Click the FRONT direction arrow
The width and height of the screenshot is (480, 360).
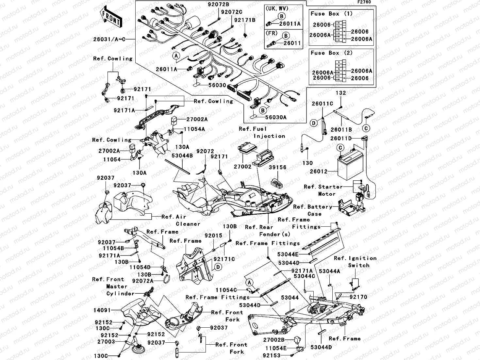pyautogui.click(x=110, y=18)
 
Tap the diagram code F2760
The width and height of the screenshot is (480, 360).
pyautogui.click(x=364, y=2)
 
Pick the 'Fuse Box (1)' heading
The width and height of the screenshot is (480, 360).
pyautogui.click(x=332, y=14)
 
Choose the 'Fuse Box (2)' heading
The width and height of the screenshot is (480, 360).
pyautogui.click(x=332, y=53)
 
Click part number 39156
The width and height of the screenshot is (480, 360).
pyautogui.click(x=277, y=168)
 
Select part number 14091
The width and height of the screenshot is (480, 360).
pyautogui.click(x=102, y=310)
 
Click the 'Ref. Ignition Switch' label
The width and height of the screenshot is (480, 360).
pyautogui.click(x=355, y=262)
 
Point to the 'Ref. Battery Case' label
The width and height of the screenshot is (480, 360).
pyautogui.click(x=313, y=210)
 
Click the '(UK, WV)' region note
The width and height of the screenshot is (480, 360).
pyautogui.click(x=276, y=8)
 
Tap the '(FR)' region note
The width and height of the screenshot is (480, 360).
pyautogui.click(x=272, y=33)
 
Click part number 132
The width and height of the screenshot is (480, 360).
pyautogui.click(x=341, y=93)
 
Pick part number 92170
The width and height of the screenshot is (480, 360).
pyautogui.click(x=358, y=297)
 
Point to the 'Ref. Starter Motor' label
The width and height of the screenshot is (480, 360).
pyautogui.click(x=323, y=190)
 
